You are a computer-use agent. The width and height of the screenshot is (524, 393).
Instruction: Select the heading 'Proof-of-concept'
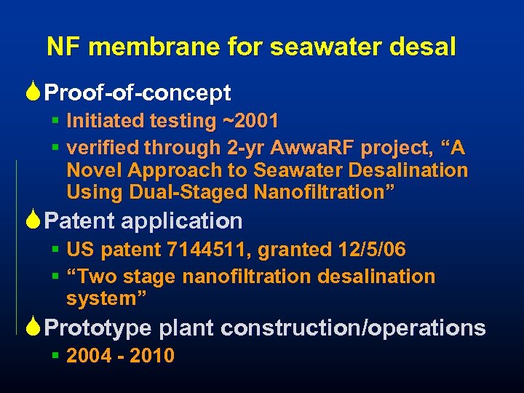[x=138, y=93]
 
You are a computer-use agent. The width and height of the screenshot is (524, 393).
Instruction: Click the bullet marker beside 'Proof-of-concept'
[x=35, y=92]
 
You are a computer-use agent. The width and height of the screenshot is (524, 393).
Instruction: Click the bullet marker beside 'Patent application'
[x=35, y=220]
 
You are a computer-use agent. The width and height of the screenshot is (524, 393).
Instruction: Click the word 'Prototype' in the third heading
[x=98, y=328]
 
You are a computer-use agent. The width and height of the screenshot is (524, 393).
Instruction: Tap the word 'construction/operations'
[x=353, y=328]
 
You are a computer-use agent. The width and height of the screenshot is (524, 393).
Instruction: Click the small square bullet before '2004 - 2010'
[x=55, y=355]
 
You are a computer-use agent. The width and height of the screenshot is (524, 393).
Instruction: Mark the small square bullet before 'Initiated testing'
[x=55, y=119]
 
